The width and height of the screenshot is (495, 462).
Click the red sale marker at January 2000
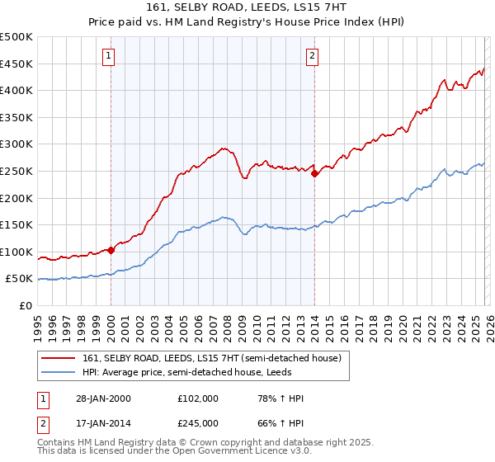111,250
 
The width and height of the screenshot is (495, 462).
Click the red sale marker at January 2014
314,173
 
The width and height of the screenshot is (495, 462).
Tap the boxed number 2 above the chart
313,56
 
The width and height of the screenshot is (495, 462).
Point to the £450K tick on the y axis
16,64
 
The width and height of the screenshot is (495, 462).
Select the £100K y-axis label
16,252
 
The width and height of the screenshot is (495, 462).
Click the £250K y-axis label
16,172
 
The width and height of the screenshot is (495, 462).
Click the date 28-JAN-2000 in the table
103,398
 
